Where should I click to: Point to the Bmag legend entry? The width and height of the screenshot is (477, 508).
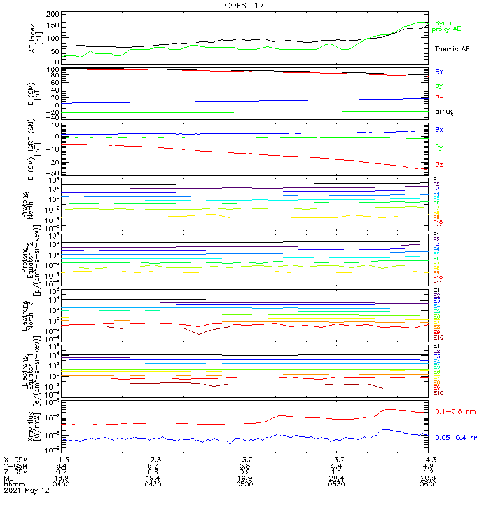pyautogui.click(x=444, y=111)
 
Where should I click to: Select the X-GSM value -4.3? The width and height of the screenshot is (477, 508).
pyautogui.click(x=427, y=459)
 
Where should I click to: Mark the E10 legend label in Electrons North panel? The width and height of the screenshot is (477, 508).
pyautogui.click(x=438, y=337)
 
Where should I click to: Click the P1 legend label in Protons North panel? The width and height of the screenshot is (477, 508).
pyautogui.click(x=436, y=180)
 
